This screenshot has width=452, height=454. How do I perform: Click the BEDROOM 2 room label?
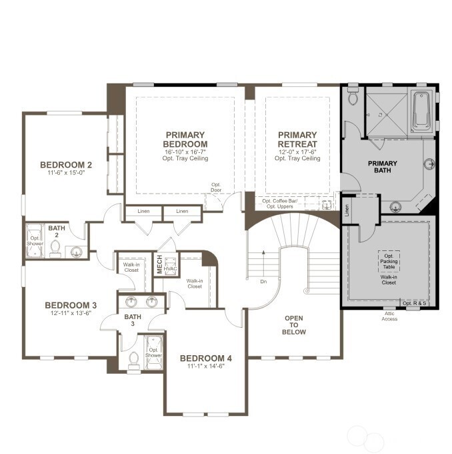point(65,165)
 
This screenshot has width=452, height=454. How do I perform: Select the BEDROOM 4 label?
point(206,358)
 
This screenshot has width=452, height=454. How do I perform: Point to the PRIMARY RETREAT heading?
point(298,139)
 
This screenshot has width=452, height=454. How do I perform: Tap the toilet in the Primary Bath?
point(353,97)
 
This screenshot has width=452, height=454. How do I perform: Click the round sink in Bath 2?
point(77,252)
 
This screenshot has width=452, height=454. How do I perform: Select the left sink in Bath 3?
point(132,300)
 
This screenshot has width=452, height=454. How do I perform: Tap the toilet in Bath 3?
point(133,359)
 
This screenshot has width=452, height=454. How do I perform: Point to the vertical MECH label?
point(159,264)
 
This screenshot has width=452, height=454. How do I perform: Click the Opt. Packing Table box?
point(389,260)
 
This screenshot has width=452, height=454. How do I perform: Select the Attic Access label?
point(389,316)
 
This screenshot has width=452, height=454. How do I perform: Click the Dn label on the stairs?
point(263,281)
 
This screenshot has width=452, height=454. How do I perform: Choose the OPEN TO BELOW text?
point(294,325)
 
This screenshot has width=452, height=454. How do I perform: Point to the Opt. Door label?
point(215,188)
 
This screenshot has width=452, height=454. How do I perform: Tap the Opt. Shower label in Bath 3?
point(154,353)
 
